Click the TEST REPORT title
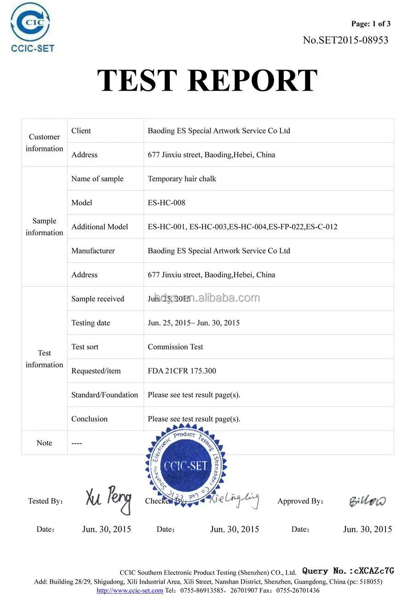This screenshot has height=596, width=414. pyautogui.click(x=207, y=80)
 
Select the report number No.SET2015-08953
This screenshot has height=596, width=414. pyautogui.click(x=345, y=40)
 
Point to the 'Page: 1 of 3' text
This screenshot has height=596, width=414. pyautogui.click(x=370, y=24)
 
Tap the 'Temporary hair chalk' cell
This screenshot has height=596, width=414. pyautogui.click(x=182, y=179)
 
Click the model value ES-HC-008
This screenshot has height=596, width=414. pyautogui.click(x=167, y=203)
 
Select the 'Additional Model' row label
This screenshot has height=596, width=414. pyautogui.click(x=99, y=226)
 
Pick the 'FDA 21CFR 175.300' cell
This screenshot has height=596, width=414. pyautogui.click(x=182, y=370)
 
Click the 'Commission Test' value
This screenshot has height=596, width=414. pyautogui.click(x=175, y=347)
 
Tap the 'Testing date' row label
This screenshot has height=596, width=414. pyautogui.click(x=91, y=323)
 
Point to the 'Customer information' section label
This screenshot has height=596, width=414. pyautogui.click(x=44, y=143)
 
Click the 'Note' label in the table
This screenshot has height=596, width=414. pyautogui.click(x=44, y=443)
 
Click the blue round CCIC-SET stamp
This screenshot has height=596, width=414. pyautogui.click(x=186, y=466)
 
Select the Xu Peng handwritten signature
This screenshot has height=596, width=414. pyautogui.click(x=109, y=499)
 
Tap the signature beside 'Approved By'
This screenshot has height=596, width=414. pyautogui.click(x=367, y=501)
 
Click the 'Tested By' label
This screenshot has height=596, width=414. pyautogui.click(x=45, y=501)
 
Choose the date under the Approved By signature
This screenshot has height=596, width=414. pyautogui.click(x=367, y=529)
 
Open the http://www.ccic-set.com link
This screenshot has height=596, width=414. pyautogui.click(x=130, y=590)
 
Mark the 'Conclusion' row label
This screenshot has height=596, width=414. pyautogui.click(x=89, y=419)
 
